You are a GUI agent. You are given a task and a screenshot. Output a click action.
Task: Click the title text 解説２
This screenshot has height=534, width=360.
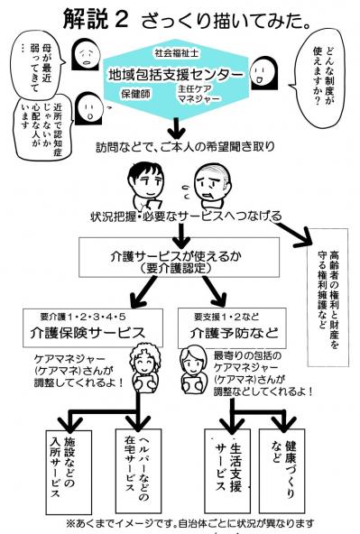(98, 19)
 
